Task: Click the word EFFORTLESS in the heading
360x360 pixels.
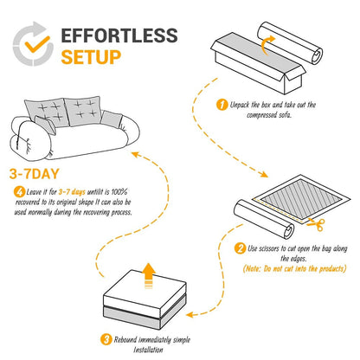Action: click(x=120, y=37)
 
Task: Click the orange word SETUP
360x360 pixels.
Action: click(x=91, y=59)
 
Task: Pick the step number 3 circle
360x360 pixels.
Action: click(x=106, y=339)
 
